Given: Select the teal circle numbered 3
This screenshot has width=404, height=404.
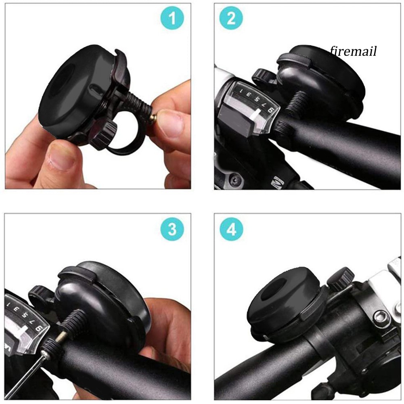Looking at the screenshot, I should (172, 229).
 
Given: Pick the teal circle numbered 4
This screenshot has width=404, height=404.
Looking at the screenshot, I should (231, 229).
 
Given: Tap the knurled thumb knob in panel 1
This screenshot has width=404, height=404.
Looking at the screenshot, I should (106, 133).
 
